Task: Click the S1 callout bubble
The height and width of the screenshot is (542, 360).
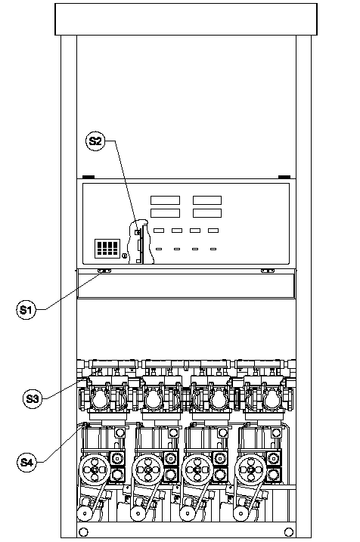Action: [26, 309]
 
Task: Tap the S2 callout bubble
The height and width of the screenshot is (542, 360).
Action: [95, 141]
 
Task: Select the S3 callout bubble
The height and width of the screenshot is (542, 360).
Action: [33, 398]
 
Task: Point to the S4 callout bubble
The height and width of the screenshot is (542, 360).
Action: [26, 462]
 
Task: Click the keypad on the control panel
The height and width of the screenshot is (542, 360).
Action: [107, 248]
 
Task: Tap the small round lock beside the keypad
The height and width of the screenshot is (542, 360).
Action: [124, 256]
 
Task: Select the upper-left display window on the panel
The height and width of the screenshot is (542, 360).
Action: [166, 200]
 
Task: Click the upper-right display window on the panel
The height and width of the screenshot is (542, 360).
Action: [207, 200]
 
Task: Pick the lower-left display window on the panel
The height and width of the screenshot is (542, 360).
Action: [166, 213]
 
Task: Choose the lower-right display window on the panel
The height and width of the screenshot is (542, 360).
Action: [207, 213]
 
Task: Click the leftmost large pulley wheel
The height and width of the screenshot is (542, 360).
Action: [95, 469]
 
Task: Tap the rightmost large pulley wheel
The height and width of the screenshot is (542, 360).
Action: [250, 469]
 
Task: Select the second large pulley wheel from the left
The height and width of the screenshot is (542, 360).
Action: [148, 469]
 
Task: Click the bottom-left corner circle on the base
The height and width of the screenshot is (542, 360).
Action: [84, 531]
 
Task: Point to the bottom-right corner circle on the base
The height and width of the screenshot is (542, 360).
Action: [289, 531]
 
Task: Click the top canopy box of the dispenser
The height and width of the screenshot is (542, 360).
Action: [186, 20]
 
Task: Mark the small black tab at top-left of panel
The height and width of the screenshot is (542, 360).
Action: [88, 177]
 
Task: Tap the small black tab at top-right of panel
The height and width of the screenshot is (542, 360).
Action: [284, 177]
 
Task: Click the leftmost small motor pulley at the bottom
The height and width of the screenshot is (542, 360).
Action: [84, 513]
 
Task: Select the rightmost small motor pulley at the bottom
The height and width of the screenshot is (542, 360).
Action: [240, 513]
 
